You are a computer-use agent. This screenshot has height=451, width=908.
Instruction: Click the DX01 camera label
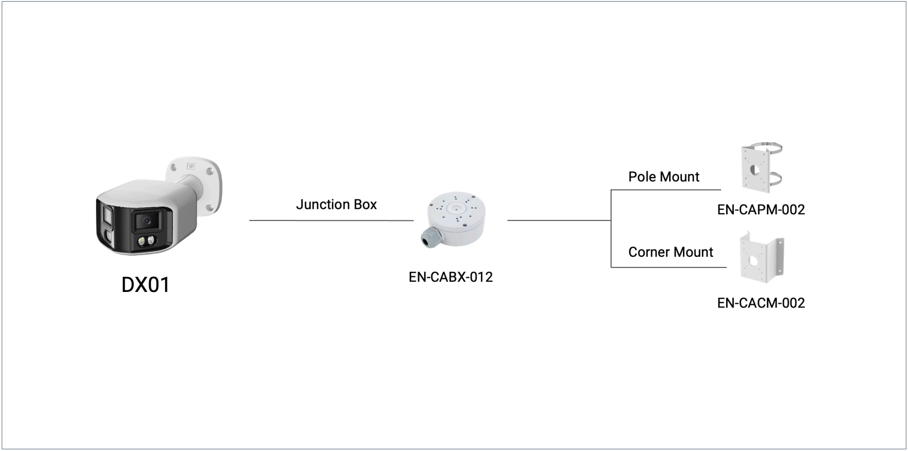pyautogui.click(x=146, y=285)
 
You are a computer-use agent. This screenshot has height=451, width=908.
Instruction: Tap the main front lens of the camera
pyautogui.click(x=146, y=221)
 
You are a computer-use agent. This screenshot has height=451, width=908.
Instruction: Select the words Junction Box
pyautogui.click(x=337, y=204)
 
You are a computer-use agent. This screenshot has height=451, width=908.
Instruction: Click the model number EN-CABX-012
pyautogui.click(x=451, y=277)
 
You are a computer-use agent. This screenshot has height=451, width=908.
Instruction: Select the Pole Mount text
pyautogui.click(x=664, y=177)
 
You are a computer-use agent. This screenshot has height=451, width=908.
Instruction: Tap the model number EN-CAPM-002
pyautogui.click(x=761, y=210)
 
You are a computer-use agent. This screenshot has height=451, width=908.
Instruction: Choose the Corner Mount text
pyautogui.click(x=670, y=252)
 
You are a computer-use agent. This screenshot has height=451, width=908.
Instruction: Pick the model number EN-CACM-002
pyautogui.click(x=761, y=303)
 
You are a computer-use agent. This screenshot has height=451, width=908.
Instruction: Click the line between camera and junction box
pyautogui.click(x=331, y=220)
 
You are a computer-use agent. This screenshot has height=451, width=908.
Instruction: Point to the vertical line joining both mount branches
pyautogui.click(x=611, y=228)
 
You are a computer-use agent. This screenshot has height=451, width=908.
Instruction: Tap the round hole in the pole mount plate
pyautogui.click(x=755, y=170)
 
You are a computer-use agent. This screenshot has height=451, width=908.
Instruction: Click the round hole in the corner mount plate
pyautogui.click(x=753, y=262)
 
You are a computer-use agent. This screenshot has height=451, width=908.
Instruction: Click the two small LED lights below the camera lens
pyautogui.click(x=146, y=241)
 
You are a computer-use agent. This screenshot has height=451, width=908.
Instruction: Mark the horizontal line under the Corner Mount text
pyautogui.click(x=669, y=267)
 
